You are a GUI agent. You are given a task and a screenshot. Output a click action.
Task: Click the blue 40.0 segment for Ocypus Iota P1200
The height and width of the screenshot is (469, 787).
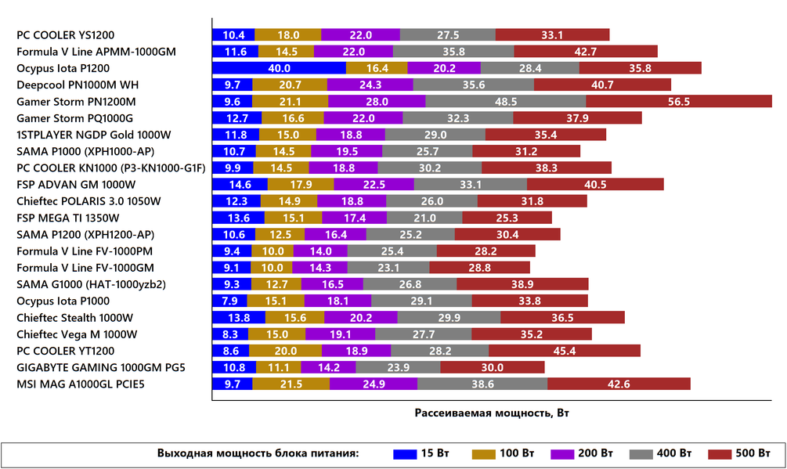pyautogui.click(x=279, y=68)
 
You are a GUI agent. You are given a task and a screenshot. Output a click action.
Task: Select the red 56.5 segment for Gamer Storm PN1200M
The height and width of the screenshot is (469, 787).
pyautogui.click(x=679, y=101)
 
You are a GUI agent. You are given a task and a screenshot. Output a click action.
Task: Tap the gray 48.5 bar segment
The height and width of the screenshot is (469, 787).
pyautogui.click(x=505, y=101)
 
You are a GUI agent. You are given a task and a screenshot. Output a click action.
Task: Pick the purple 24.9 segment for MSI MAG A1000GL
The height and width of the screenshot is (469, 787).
pyautogui.click(x=374, y=384)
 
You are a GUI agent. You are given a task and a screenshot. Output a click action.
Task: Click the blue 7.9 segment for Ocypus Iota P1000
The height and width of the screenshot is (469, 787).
pyautogui.click(x=230, y=301)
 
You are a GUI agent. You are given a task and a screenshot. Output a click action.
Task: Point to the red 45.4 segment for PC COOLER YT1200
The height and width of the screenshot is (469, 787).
pyautogui.click(x=565, y=351)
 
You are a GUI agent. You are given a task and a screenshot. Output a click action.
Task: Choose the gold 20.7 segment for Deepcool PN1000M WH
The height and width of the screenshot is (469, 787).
pyautogui.click(x=290, y=85)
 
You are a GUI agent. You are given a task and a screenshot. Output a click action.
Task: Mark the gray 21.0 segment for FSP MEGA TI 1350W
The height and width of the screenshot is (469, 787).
pyautogui.click(x=424, y=218)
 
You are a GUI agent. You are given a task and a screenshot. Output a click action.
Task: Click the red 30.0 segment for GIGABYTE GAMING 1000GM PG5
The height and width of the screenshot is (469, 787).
pyautogui.click(x=493, y=367)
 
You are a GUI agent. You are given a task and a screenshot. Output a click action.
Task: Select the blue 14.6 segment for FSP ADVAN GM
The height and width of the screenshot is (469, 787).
pyautogui.click(x=240, y=185)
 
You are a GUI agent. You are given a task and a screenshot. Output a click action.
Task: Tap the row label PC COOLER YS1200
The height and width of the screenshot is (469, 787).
pyautogui.click(x=65, y=35)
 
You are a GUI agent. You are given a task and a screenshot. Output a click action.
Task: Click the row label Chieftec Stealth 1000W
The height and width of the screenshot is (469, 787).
pyautogui.click(x=75, y=318)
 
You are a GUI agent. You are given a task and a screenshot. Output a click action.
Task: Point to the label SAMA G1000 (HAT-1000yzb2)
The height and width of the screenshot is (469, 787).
pyautogui.click(x=91, y=284)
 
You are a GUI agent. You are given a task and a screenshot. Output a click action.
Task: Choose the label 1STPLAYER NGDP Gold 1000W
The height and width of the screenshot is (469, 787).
pyautogui.click(x=94, y=135)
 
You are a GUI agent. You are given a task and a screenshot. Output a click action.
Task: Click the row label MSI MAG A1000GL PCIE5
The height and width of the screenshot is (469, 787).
pyautogui.click(x=81, y=384)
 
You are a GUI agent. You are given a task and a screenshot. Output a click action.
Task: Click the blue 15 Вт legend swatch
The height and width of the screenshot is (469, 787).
pyautogui.click(x=405, y=454)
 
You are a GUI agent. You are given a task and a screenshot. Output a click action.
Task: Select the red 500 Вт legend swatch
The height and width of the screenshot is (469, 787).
pyautogui.click(x=720, y=454)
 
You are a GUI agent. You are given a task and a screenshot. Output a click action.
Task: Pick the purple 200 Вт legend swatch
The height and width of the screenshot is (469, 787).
pyautogui.click(x=562, y=454)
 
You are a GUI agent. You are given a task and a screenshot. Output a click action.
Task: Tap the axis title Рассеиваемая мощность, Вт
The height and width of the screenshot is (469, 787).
pyautogui.click(x=492, y=413)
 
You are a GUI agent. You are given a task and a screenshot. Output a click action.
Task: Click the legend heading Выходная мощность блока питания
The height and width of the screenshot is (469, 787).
pyautogui.click(x=258, y=453)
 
